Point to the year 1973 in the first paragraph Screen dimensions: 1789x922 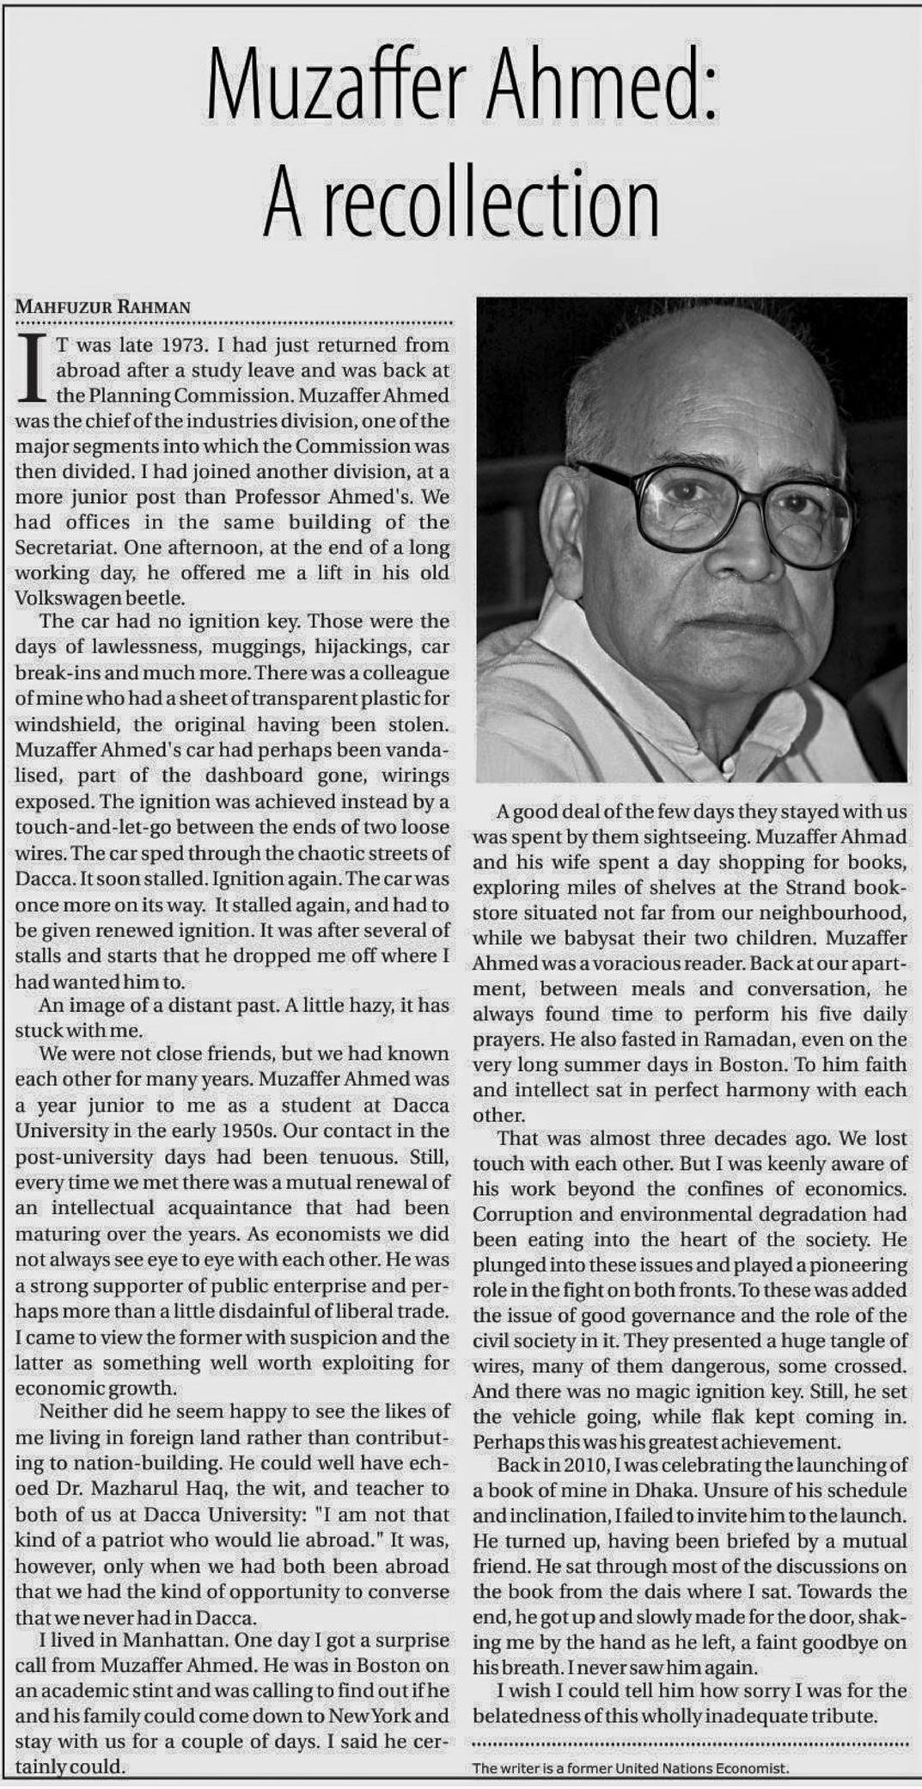[x=179, y=346]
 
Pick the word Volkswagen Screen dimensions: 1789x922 [x=64, y=597]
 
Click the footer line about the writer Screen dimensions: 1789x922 [x=630, y=1768]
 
